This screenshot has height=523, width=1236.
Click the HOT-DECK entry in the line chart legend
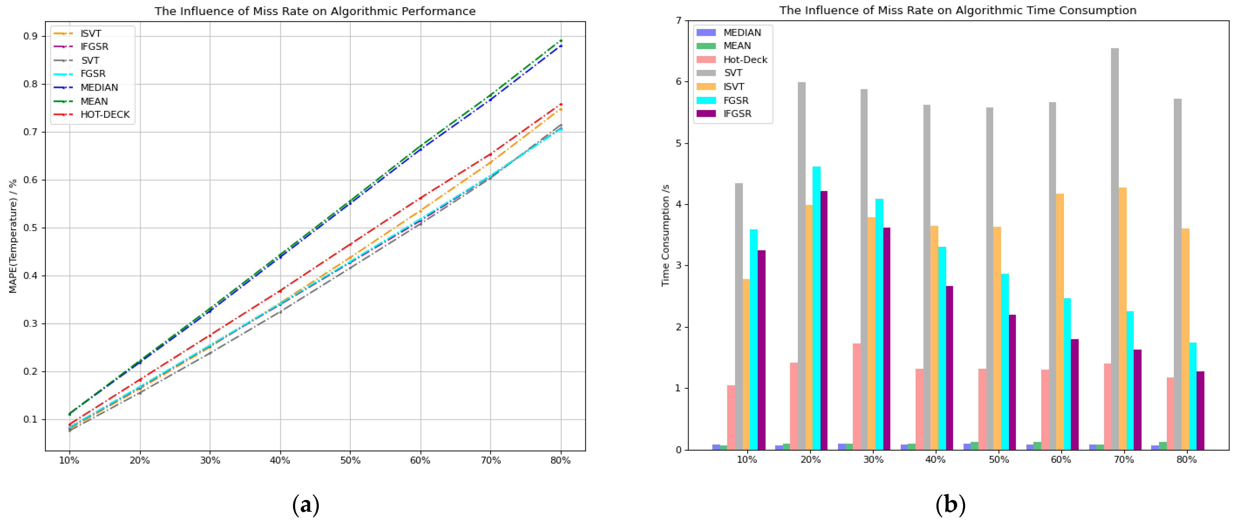[105, 115]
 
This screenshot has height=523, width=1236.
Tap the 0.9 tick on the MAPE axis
[31, 36]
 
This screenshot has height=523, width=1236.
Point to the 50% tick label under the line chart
[350, 460]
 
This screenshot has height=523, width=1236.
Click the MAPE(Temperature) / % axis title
[13, 236]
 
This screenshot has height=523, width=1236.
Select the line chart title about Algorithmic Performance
[315, 11]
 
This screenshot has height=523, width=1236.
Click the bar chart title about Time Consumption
[957, 10]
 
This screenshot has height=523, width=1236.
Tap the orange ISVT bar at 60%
[1059, 322]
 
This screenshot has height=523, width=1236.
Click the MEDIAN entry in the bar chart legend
[742, 32]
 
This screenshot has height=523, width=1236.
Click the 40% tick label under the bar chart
[935, 459]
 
